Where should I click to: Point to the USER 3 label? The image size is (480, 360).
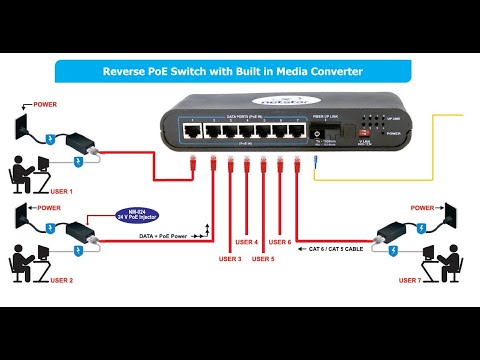(230, 259)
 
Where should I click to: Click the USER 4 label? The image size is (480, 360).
(246, 242)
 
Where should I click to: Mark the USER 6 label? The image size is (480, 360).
(280, 242)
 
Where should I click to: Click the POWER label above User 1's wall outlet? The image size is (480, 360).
(46, 104)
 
